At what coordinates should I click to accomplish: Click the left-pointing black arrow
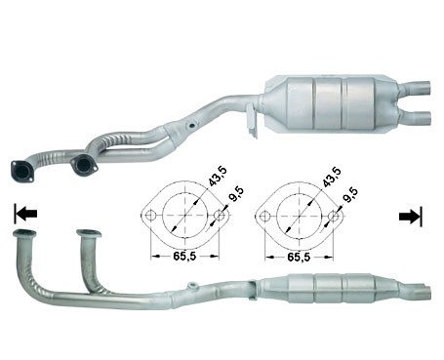25,214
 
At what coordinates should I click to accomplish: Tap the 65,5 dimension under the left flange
184,257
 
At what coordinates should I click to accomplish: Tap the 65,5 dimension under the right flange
299,257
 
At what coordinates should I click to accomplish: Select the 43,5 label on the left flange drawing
218,177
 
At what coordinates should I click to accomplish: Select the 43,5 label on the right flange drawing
332,177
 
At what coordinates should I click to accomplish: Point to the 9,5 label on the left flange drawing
236,194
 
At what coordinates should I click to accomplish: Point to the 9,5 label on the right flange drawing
350,195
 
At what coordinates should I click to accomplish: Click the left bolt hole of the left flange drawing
150,216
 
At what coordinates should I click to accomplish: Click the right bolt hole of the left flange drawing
220,216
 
